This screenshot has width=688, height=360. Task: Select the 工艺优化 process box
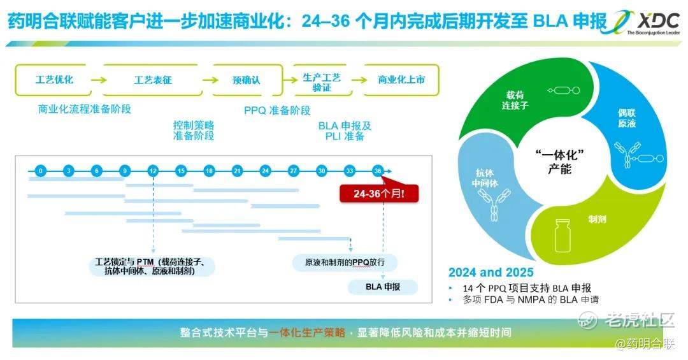[x=54, y=80]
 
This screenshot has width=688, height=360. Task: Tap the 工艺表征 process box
[x=153, y=80]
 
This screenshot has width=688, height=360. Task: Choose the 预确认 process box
[x=247, y=80]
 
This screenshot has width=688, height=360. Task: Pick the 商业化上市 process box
[x=401, y=80]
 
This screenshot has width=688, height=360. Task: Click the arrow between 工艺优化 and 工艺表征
[x=99, y=80]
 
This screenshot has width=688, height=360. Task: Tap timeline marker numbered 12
[x=153, y=171]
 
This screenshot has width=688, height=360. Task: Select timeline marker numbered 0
[x=40, y=171]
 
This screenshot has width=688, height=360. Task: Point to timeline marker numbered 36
[x=377, y=171]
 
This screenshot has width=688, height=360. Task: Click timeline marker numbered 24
[x=265, y=171]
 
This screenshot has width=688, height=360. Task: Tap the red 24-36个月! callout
[x=379, y=193]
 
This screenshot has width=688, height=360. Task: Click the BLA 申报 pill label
[x=383, y=287]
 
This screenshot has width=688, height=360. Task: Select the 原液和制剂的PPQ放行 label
[x=345, y=263]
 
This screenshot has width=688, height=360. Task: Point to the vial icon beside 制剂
[x=562, y=236]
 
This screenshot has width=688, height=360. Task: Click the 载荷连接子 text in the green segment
[x=515, y=100]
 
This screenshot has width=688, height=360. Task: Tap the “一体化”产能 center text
[x=559, y=162]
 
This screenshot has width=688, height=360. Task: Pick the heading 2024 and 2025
[x=491, y=273]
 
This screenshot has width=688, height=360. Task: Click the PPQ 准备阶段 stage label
[x=277, y=110]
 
